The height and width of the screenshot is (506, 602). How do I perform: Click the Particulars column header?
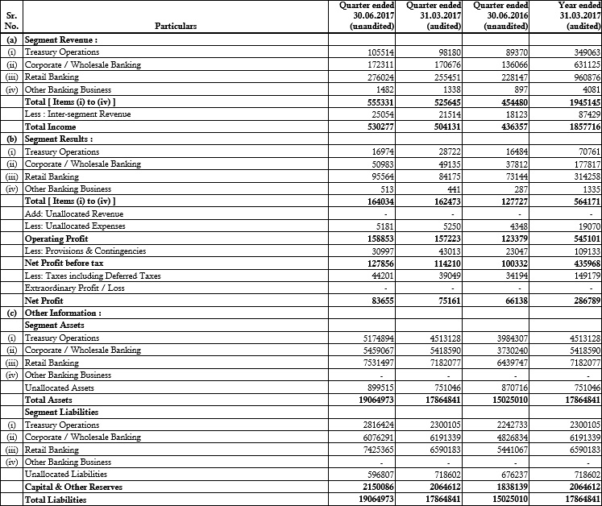click(175, 27)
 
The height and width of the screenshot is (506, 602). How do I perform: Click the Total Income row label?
click(51, 126)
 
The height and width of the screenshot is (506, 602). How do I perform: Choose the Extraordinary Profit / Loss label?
click(75, 288)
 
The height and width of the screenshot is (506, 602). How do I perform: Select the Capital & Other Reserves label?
click(73, 487)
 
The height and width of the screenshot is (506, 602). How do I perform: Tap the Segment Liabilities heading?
click(63, 412)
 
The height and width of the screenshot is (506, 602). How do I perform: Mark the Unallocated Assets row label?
click(60, 388)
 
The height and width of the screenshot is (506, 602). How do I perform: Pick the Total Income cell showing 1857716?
click(580, 126)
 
